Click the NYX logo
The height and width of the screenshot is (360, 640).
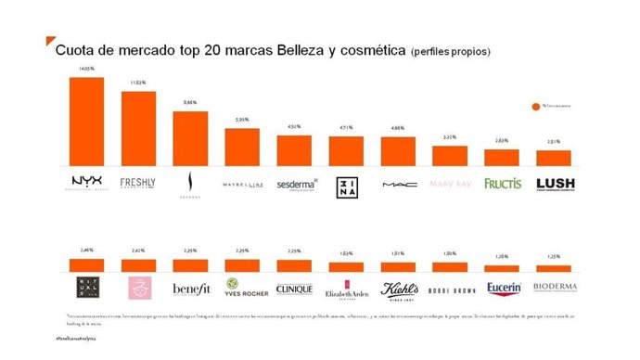coord(86,183)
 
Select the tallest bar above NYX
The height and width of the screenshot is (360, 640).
coord(86,120)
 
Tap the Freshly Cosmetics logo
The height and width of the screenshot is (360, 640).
coord(138,183)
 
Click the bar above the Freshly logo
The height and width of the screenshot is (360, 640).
coord(138,127)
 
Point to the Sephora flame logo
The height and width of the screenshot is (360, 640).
coord(190,184)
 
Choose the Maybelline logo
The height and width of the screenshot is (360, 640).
coord(243,184)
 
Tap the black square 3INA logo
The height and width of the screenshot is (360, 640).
coord(347,184)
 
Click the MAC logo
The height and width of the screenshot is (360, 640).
coord(398,184)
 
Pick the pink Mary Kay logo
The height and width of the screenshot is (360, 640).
coord(451,184)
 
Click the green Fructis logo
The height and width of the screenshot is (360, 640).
coord(503,184)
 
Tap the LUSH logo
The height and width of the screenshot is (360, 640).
coord(555,184)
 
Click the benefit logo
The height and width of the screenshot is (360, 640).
coord(190,289)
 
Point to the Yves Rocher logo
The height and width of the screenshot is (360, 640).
coord(243,289)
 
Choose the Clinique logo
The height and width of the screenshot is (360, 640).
coord(295,289)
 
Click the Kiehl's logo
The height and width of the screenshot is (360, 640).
coord(399,289)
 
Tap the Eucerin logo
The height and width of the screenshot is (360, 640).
coord(503,289)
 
